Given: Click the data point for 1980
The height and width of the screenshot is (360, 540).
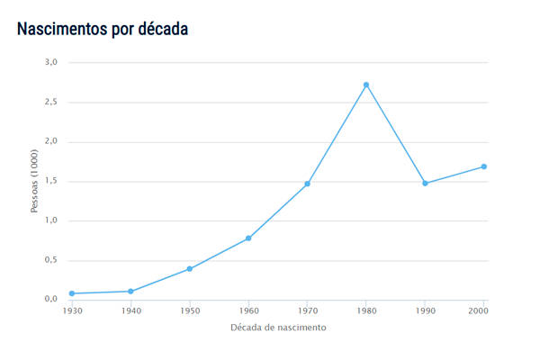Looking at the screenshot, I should [366, 85].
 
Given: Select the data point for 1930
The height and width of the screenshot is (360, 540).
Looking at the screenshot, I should [72, 293].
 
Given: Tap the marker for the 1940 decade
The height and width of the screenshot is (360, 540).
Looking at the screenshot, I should [130, 292].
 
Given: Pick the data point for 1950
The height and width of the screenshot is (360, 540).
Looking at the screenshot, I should [190, 269].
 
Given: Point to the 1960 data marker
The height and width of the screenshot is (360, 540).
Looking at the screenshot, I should [248, 238].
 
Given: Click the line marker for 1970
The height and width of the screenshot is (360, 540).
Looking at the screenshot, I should [307, 184].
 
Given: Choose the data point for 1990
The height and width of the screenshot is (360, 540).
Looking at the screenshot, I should [425, 184].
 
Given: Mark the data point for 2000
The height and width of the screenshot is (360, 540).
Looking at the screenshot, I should [483, 166].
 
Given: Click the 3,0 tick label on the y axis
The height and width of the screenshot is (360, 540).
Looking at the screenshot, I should [50, 62].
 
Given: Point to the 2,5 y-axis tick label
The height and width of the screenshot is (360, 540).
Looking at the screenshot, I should [50, 102].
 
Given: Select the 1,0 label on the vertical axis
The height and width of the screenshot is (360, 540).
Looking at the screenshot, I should [50, 220].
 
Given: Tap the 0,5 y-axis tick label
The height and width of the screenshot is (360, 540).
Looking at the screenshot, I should [50, 260].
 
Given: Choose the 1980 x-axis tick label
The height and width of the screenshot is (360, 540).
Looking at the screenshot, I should [366, 310].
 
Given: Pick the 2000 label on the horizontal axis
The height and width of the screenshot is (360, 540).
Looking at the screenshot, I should [479, 310].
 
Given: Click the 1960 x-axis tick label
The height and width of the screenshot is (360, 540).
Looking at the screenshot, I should [248, 310].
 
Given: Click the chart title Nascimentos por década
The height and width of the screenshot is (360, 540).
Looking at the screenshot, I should [103, 29].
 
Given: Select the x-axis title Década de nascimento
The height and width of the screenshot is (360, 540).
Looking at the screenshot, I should [278, 328].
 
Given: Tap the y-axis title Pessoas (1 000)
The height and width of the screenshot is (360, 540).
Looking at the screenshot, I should [35, 181].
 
